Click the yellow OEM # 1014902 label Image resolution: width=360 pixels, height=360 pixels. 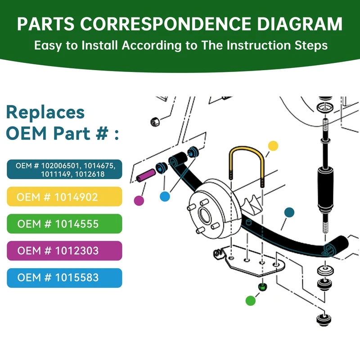(x=65, y=197)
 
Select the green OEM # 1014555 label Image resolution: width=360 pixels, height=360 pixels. (x=65, y=224)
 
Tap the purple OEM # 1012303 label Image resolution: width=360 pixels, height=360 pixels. (x=65, y=251)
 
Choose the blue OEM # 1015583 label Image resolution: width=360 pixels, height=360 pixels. (x=65, y=278)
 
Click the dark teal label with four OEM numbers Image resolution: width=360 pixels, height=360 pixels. (x=65, y=170)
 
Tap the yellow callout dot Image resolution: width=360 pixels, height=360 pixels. (x=273, y=146)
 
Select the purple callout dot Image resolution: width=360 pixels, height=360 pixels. (x=139, y=200)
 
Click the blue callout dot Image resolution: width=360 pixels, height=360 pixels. (x=165, y=197)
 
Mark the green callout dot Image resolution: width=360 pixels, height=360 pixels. (x=250, y=300)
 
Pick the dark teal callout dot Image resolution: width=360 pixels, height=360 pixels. (x=289, y=212)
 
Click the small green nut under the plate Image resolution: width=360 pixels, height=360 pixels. (x=262, y=287)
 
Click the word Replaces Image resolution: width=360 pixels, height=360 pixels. (x=45, y=112)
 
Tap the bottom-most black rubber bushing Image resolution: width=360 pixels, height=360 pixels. (x=323, y=319)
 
